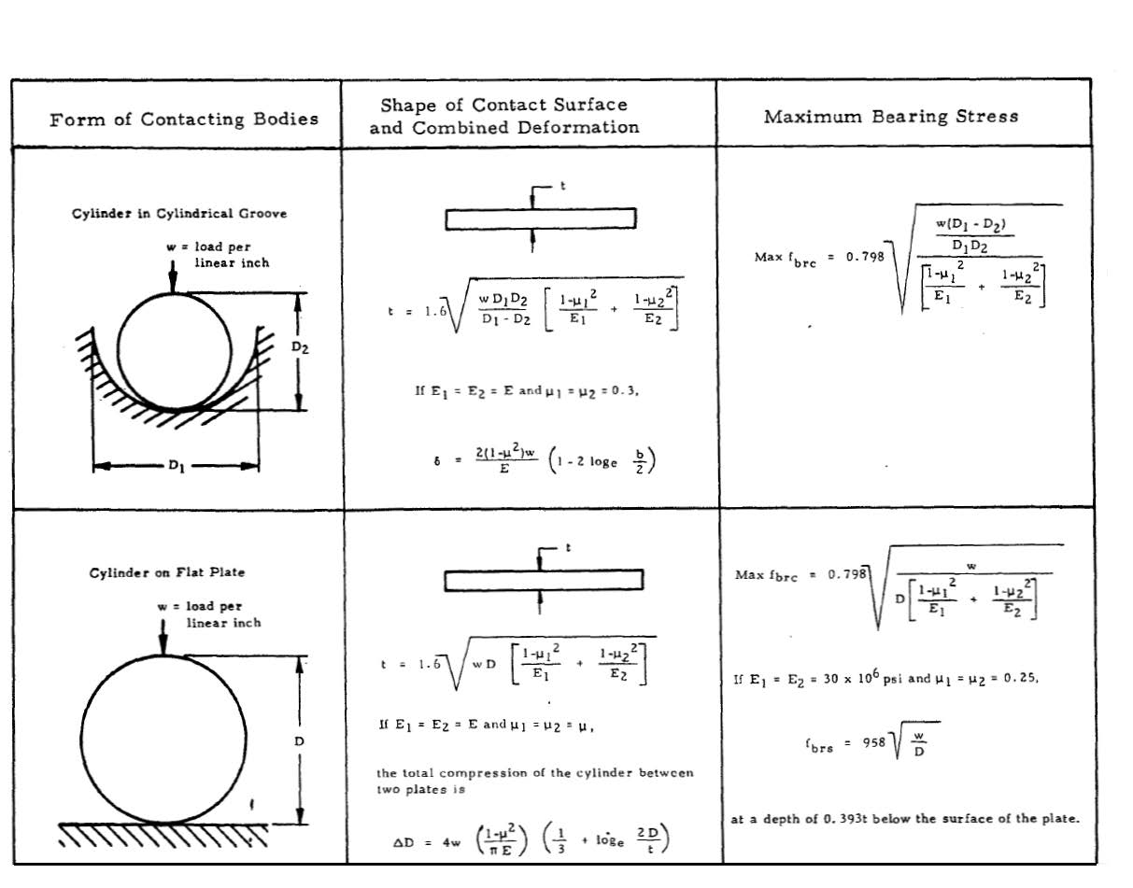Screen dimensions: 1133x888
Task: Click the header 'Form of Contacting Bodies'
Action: coord(183,119)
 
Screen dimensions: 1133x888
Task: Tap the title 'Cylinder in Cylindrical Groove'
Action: coord(179,214)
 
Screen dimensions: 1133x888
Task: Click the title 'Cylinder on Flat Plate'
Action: coord(167,572)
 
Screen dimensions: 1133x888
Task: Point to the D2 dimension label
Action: coord(298,347)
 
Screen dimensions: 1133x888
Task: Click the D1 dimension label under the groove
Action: coord(177,465)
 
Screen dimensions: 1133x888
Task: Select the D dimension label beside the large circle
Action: coord(299,740)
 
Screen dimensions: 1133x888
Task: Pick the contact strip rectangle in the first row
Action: coord(541,218)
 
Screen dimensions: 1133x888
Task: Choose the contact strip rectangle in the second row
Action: coord(543,581)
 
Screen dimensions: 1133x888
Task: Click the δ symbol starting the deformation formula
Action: coord(437,460)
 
